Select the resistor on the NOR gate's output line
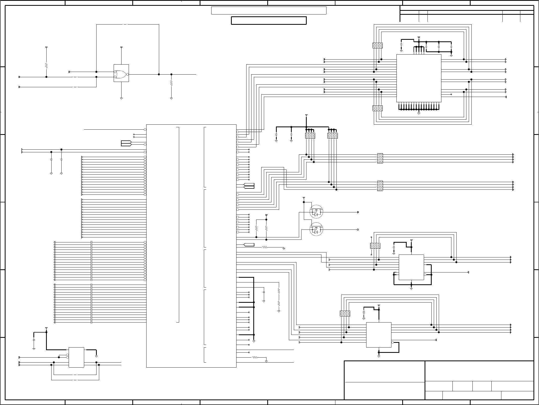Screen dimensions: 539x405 pyautogui.click(x=171, y=83)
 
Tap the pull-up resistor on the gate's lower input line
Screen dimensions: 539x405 pyautogui.click(x=46, y=65)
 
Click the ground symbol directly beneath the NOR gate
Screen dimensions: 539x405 pyautogui.click(x=121, y=98)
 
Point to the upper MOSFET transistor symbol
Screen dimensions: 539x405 pyautogui.click(x=316, y=212)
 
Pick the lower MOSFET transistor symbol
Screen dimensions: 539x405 pyautogui.click(x=316, y=229)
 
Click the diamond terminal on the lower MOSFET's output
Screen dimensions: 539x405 pyautogui.click(x=358, y=230)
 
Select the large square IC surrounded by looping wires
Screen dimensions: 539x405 pyautogui.click(x=419, y=78)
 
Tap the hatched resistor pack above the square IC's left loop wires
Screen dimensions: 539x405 pyautogui.click(x=377, y=45)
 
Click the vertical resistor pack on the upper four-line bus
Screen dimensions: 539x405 pyautogui.click(x=380, y=158)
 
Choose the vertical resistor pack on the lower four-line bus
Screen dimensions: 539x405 pyautogui.click(x=380, y=186)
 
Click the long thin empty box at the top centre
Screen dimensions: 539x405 pyautogui.click(x=269, y=11)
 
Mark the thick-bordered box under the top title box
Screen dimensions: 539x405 pyautogui.click(x=269, y=21)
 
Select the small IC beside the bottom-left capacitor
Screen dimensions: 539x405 pyautogui.click(x=76, y=357)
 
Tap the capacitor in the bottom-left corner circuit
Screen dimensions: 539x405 pyautogui.click(x=34, y=340)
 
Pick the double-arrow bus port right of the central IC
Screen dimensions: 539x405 pyautogui.click(x=249, y=186)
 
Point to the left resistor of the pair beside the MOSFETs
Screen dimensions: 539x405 pyautogui.click(x=256, y=228)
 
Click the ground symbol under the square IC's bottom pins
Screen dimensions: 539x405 pyautogui.click(x=419, y=114)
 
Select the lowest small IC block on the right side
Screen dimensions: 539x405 pyautogui.click(x=379, y=335)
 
